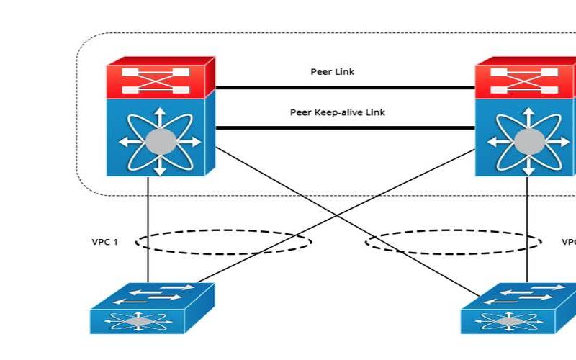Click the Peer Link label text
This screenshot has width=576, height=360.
pyautogui.click(x=332, y=72)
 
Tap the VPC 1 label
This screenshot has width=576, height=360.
pyautogui.click(x=104, y=242)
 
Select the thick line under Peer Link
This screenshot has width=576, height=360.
pyautogui.click(x=346, y=88)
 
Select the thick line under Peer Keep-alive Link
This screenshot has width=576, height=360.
pyautogui.click(x=346, y=128)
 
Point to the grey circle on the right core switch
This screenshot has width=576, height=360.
pyautogui.click(x=528, y=141)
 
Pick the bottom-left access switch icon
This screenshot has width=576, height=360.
pyautogui.click(x=152, y=308)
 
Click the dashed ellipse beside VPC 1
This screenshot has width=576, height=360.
pyautogui.click(x=223, y=242)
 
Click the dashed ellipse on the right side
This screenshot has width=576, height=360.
pyautogui.click(x=454, y=242)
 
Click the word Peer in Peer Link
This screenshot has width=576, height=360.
pyautogui.click(x=320, y=72)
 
